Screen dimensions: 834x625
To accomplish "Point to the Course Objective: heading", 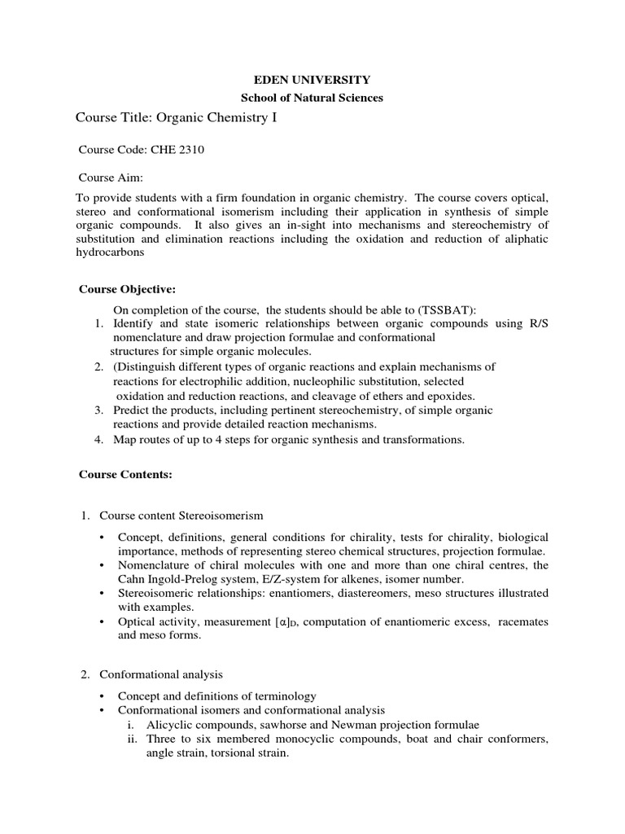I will (x=126, y=289).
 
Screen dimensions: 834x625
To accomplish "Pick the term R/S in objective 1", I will (x=537, y=323).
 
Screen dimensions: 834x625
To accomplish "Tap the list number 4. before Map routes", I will (x=98, y=440).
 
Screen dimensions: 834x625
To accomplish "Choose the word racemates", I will (x=522, y=621).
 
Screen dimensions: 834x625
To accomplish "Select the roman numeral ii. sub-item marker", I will (x=133, y=740).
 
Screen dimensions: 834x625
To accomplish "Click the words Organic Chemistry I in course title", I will (x=211, y=118).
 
